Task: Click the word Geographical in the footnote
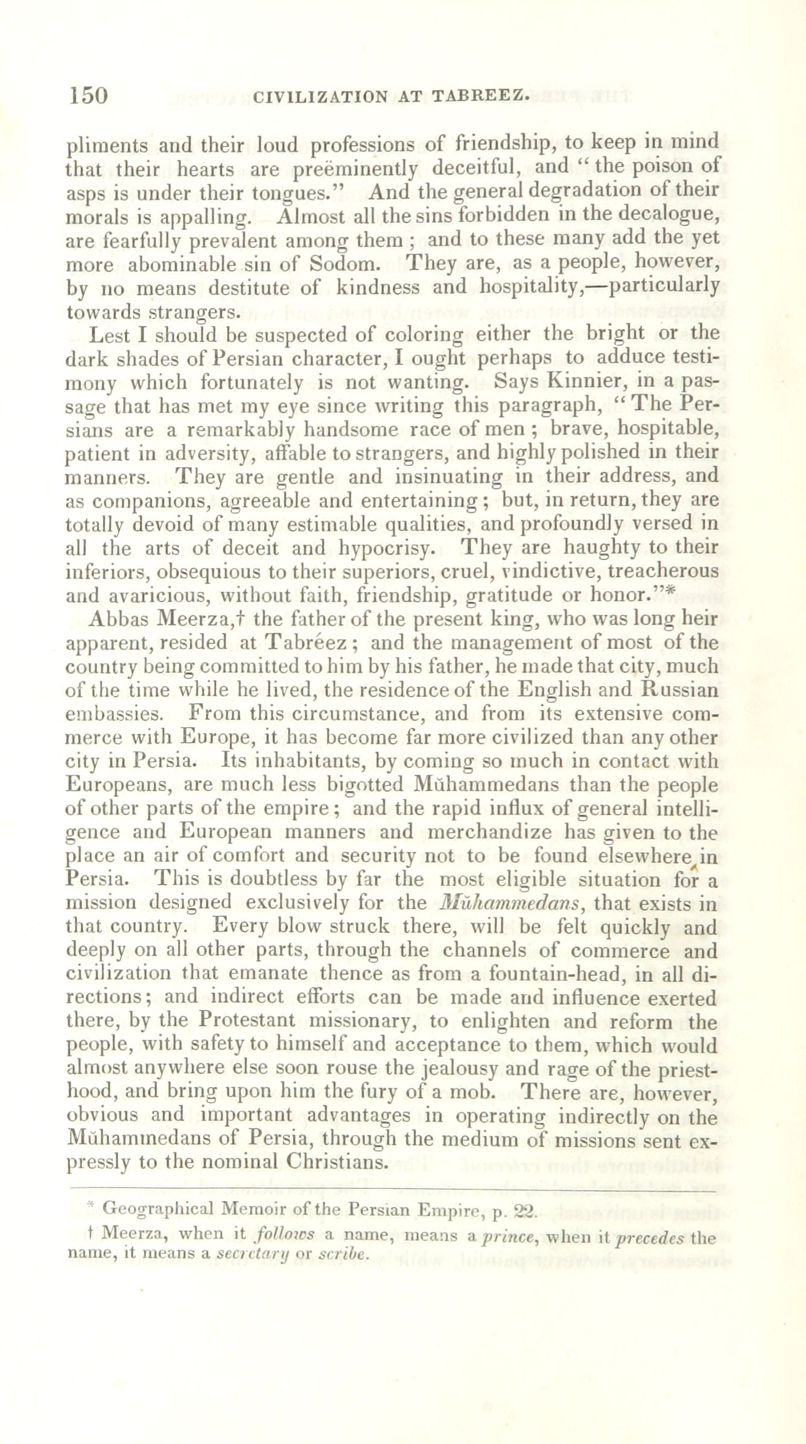(158, 1209)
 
